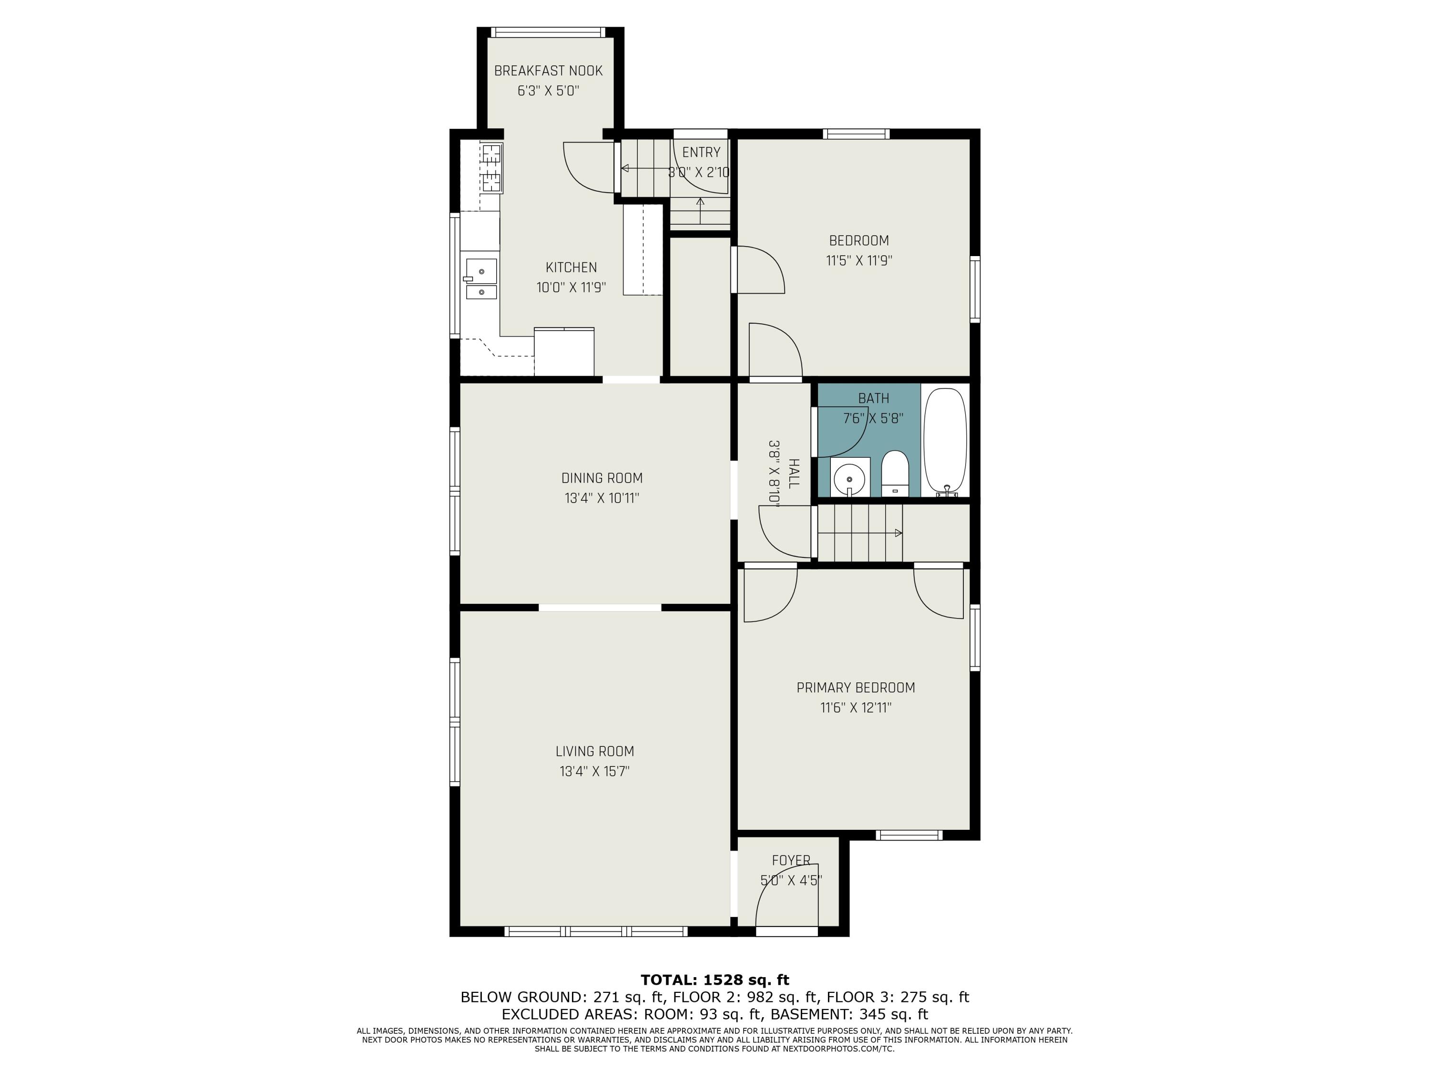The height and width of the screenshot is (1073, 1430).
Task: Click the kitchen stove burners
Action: (x=492, y=169)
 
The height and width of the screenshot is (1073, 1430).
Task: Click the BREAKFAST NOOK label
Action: (x=548, y=71)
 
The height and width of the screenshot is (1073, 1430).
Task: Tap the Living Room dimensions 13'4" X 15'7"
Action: (x=594, y=771)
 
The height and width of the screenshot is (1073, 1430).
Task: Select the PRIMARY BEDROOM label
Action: (x=855, y=688)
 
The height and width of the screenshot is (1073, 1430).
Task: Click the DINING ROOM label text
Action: (x=601, y=478)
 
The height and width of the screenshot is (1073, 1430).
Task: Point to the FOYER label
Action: (x=791, y=860)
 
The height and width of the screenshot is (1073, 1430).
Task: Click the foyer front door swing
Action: (x=786, y=896)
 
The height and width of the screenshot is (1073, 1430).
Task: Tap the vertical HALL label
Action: (x=794, y=474)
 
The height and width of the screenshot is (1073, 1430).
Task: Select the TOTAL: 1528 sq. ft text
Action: (x=715, y=980)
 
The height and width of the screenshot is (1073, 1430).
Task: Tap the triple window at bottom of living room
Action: (x=595, y=931)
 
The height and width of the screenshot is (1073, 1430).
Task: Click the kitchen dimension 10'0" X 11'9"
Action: (x=571, y=287)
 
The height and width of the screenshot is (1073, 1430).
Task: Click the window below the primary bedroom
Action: (x=909, y=835)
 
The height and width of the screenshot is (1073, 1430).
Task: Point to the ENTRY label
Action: (x=701, y=152)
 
